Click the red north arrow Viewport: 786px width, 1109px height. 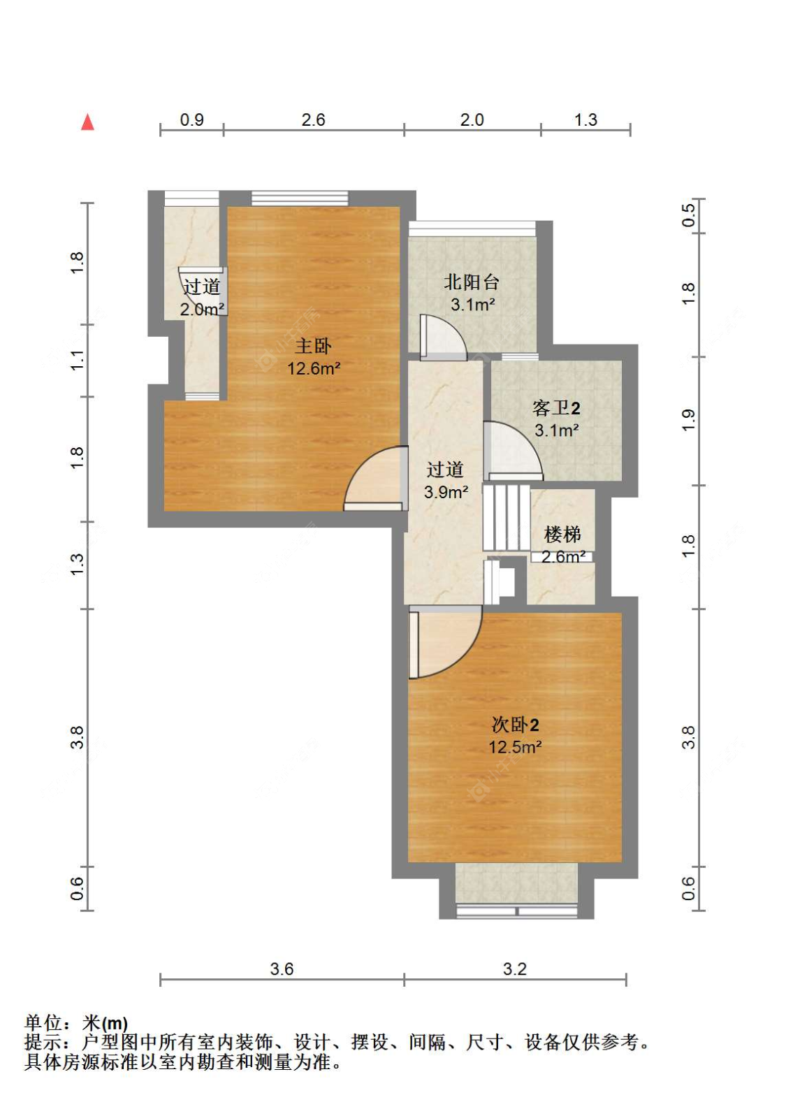tap(87, 122)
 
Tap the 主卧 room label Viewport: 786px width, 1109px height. tap(313, 346)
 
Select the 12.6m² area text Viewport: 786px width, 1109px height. tap(314, 368)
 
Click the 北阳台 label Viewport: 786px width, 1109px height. tap(471, 282)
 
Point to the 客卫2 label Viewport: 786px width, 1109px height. tap(556, 408)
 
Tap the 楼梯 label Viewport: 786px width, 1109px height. tap(562, 535)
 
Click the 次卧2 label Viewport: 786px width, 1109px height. tap(515, 725)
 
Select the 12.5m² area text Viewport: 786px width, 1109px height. tap(515, 747)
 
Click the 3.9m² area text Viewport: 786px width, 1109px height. tap(446, 492)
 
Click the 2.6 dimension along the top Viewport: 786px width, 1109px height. tap(313, 119)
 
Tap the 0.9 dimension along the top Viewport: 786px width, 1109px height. tap(191, 119)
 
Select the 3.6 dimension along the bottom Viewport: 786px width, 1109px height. tap(282, 969)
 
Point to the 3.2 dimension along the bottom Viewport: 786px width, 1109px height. tap(515, 969)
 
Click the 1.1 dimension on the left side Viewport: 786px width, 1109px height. tap(78, 361)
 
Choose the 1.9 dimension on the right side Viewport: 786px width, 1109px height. tap(688, 421)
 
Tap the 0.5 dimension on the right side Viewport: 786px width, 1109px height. tap(688, 215)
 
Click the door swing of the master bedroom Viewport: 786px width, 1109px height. tap(376, 479)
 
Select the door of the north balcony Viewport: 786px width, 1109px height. tap(443, 337)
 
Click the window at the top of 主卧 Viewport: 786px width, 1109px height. tap(300, 198)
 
